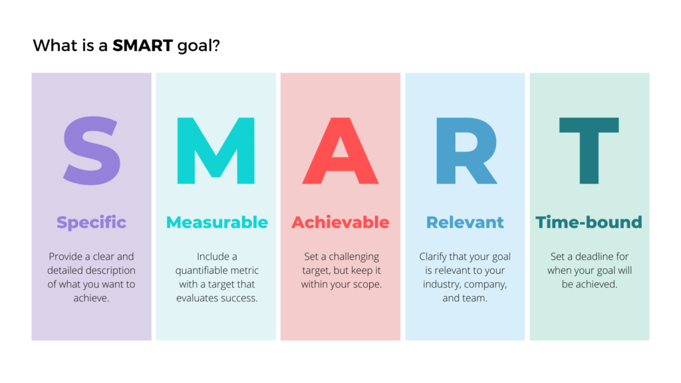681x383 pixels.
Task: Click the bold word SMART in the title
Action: coord(142,46)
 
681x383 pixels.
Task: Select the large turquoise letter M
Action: coord(216,151)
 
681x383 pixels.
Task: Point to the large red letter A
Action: coord(340,151)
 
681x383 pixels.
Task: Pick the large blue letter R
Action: coord(466,151)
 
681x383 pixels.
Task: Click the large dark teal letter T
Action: coord(589,151)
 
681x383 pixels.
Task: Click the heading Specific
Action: coord(91,222)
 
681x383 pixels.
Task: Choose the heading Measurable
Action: coord(217,222)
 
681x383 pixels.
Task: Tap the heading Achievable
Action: coord(340,222)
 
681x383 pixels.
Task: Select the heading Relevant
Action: coord(465,222)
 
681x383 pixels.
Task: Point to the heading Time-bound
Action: coord(589,222)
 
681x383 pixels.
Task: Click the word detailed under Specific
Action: coord(66,271)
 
